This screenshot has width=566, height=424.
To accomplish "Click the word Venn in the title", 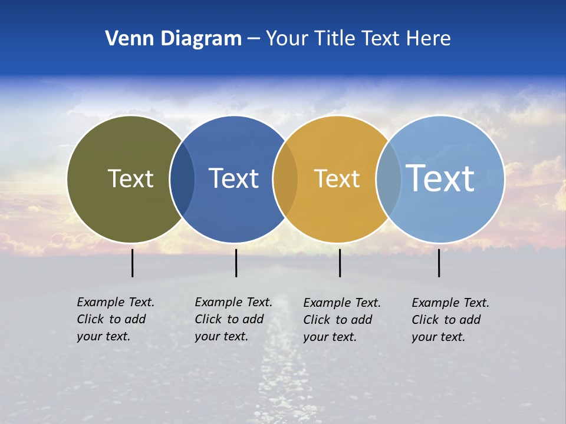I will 126,39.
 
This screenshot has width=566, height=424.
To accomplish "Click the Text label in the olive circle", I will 130,178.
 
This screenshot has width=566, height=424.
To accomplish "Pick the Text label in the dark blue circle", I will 233,178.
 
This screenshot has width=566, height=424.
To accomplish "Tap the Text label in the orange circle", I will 337,178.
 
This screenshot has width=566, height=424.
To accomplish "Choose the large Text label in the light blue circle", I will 440,178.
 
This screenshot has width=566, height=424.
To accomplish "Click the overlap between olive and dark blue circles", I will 182,179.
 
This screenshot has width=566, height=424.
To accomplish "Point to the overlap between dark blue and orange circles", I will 285,179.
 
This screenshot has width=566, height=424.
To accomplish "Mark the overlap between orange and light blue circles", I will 389,179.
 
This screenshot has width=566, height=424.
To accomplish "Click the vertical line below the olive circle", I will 133,263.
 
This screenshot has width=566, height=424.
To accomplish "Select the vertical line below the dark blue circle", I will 236,263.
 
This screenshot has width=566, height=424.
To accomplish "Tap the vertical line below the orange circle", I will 340,263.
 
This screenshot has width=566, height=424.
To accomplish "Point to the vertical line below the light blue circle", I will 439,263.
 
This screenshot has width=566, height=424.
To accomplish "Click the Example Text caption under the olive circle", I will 115,319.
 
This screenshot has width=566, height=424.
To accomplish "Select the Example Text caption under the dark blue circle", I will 233,319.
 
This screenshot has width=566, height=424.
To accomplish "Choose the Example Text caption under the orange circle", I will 341,320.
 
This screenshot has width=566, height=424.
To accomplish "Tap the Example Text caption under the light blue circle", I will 450,320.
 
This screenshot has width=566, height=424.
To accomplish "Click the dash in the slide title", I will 254,39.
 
